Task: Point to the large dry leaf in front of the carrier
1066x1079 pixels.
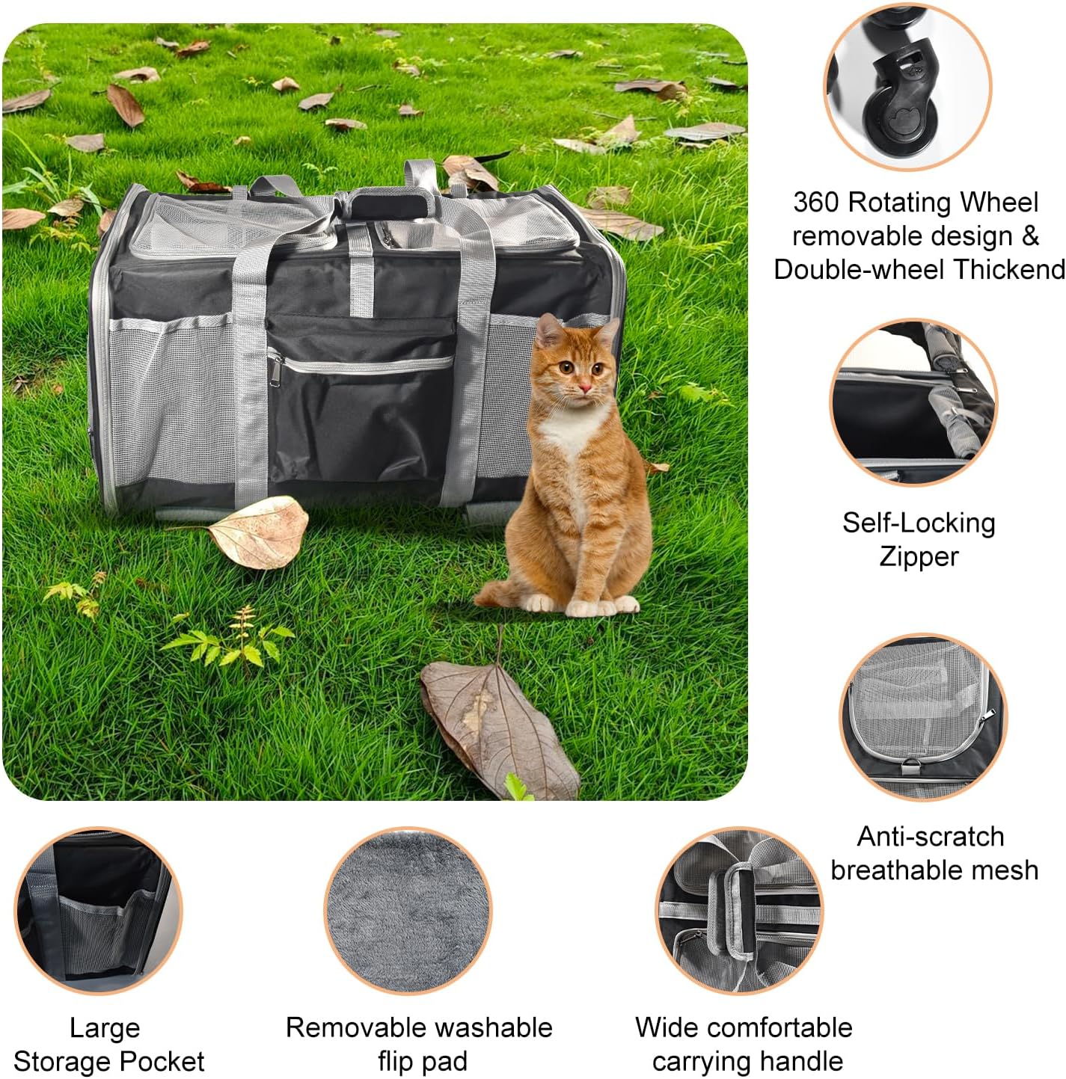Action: (x=258, y=532)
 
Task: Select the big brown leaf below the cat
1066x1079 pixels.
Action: (x=497, y=729)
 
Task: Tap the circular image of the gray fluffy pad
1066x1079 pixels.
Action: (x=408, y=910)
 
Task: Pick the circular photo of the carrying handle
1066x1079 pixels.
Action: (x=739, y=910)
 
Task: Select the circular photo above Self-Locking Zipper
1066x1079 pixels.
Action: (x=913, y=402)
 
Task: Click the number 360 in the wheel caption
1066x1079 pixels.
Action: (x=817, y=203)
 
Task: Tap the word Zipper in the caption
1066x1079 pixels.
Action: (x=919, y=556)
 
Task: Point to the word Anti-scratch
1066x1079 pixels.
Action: (x=931, y=836)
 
